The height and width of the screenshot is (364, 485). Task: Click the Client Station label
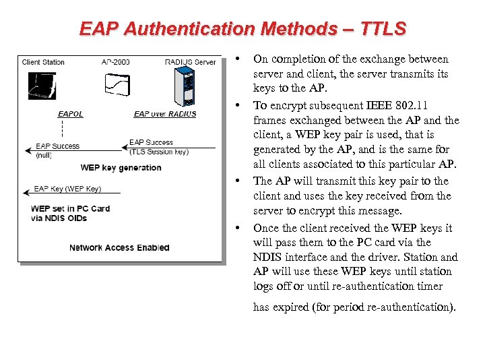click(x=44, y=62)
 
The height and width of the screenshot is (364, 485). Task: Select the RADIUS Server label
click(x=191, y=62)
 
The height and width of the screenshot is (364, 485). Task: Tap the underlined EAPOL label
click(x=71, y=114)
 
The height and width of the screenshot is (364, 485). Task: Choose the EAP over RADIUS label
click(x=165, y=114)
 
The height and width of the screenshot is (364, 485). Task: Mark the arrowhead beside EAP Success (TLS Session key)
click(x=125, y=147)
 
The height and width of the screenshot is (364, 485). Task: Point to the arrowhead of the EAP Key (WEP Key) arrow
click(x=26, y=193)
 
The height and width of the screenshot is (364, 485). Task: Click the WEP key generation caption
click(x=121, y=168)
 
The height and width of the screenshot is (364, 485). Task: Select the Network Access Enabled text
click(x=119, y=247)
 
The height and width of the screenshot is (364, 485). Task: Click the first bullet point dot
click(x=239, y=59)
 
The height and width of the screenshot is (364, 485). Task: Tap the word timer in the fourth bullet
click(x=429, y=286)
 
